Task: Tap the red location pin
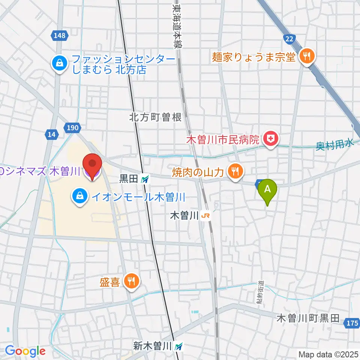92,165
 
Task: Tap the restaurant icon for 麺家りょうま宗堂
307,57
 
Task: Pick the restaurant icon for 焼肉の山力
235,172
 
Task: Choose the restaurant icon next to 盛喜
131,282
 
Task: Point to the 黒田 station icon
145,180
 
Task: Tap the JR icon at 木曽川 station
205,216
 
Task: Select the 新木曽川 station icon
180,346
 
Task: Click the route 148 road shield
59,36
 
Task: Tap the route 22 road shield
289,38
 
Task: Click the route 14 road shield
51,134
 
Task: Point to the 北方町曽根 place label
155,117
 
